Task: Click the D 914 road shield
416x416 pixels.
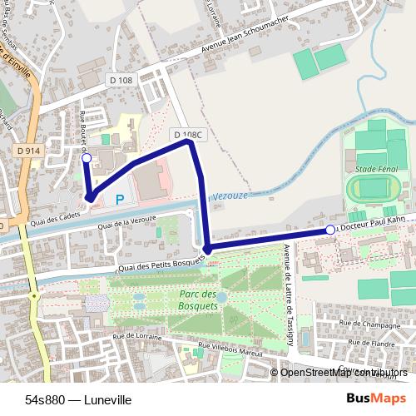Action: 27,150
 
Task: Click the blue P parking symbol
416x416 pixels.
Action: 120,199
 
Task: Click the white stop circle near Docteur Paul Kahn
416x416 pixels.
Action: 330,230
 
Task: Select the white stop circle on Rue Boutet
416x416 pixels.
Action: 87,156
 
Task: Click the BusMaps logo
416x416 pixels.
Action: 370,399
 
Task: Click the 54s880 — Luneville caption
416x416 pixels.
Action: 78,399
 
